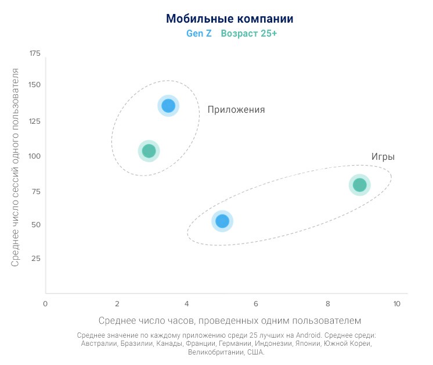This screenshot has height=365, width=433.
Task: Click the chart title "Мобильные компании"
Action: tap(230, 19)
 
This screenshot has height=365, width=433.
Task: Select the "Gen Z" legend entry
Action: tap(199, 34)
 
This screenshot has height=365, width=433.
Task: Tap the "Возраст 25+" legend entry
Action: tap(249, 34)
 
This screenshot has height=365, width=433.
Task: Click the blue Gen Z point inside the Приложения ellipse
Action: tap(168, 106)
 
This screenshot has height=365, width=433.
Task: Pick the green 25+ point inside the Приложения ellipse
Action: tap(149, 151)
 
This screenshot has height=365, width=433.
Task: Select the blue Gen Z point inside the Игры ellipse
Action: tap(222, 221)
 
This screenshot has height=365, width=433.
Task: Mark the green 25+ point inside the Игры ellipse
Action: tap(360, 185)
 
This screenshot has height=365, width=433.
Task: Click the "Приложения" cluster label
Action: tap(236, 110)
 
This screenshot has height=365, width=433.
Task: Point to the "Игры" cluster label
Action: tap(383, 157)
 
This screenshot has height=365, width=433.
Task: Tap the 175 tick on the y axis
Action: tap(35, 53)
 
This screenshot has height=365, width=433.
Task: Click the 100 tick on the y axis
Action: tap(35, 156)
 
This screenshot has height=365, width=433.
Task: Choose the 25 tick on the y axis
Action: tap(36, 258)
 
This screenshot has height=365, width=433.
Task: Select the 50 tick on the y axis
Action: tap(36, 224)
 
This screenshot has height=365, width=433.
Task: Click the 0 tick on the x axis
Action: tap(45, 303)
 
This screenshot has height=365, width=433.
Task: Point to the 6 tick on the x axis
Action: tap(256, 303)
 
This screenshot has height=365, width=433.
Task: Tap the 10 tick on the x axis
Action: tap(396, 303)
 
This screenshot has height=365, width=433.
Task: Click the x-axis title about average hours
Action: tap(230, 320)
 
